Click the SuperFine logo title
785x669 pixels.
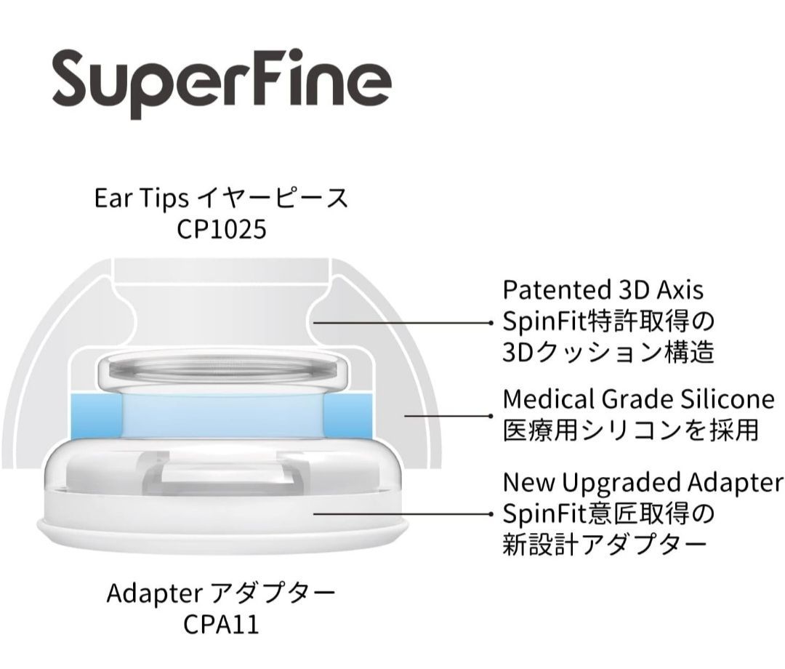[x=221, y=83]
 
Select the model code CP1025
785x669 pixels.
[x=221, y=230]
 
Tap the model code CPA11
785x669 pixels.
[x=221, y=624]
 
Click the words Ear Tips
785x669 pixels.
[x=142, y=199]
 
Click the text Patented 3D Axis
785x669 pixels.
[x=603, y=290]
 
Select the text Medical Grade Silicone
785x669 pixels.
[x=639, y=399]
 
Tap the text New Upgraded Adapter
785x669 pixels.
[x=643, y=482]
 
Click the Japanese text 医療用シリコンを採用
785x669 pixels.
[x=631, y=430]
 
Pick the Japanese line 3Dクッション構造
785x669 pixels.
[x=608, y=352]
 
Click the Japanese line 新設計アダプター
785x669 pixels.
[x=604, y=545]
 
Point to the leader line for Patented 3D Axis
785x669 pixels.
[x=403, y=323]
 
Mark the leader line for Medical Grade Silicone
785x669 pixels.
[x=449, y=416]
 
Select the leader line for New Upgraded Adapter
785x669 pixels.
[x=403, y=514]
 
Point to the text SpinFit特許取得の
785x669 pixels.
[x=608, y=321]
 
